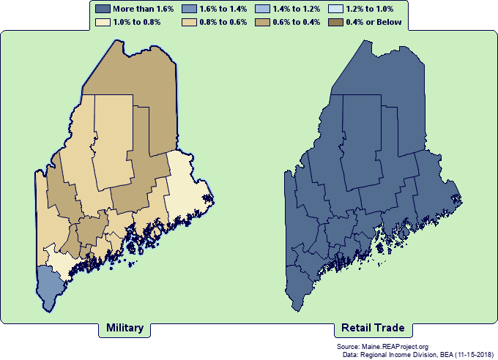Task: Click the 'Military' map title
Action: pyautogui.click(x=124, y=328)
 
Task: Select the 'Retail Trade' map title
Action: pyautogui.click(x=373, y=328)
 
